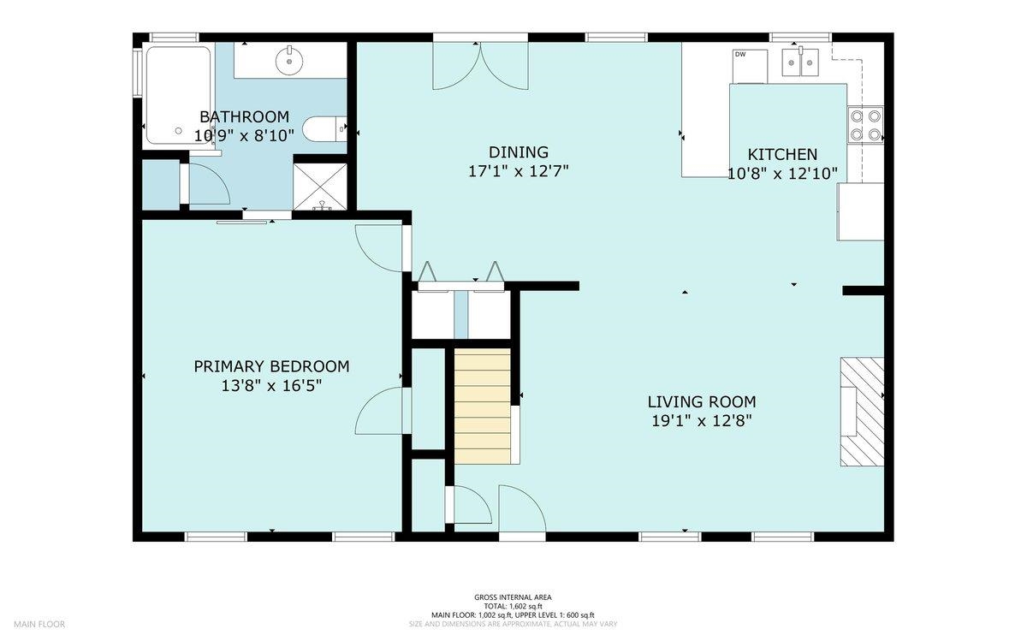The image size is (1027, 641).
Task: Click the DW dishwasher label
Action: pyautogui.click(x=740, y=54)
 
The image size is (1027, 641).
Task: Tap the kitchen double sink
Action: pyautogui.click(x=800, y=62)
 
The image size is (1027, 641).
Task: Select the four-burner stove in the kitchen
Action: pyautogui.click(x=865, y=125)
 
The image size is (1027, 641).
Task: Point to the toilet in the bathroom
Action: pyautogui.click(x=324, y=129)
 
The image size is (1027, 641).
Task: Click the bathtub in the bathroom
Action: pyautogui.click(x=178, y=95)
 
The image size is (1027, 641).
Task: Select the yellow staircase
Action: pyautogui.click(x=483, y=406)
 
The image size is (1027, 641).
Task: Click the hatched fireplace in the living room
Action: pyautogui.click(x=862, y=412)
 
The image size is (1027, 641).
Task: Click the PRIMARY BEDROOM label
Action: pyautogui.click(x=271, y=366)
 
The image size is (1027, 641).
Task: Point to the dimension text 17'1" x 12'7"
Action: pyautogui.click(x=518, y=171)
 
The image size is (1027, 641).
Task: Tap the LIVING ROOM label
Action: pyautogui.click(x=702, y=401)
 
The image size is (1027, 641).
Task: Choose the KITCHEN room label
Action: pyautogui.click(x=782, y=154)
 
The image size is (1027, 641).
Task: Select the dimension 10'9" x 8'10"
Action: pyautogui.click(x=244, y=136)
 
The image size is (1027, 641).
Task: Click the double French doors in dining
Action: pyautogui.click(x=480, y=66)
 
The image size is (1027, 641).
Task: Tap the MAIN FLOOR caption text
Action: pyautogui.click(x=39, y=624)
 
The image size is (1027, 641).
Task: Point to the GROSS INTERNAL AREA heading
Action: pyautogui.click(x=513, y=597)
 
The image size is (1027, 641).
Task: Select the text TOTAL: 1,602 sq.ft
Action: pyautogui.click(x=513, y=606)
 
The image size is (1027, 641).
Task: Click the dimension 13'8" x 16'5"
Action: pyautogui.click(x=271, y=386)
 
